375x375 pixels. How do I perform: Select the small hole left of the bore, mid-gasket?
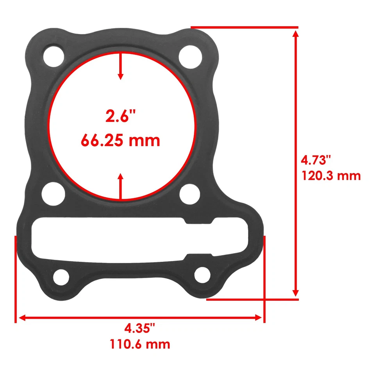coord(54,192)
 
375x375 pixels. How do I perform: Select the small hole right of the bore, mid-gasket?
coord(190,192)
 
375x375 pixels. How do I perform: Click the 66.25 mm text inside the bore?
coord(120,140)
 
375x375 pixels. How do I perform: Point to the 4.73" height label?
coord(316,160)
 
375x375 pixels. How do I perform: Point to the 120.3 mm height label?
coord(330,175)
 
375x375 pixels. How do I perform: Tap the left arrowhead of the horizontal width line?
coord(23,318)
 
